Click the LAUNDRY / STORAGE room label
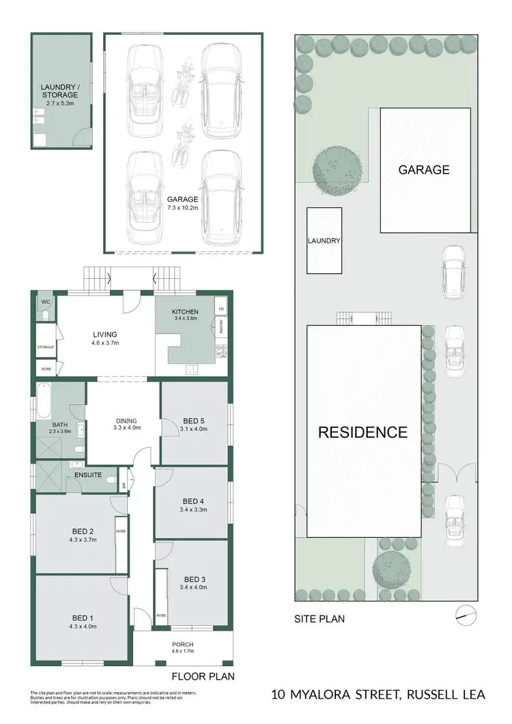click(x=60, y=91)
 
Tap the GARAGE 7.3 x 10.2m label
click(x=182, y=203)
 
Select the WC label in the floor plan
click(x=46, y=301)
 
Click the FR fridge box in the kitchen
click(x=221, y=308)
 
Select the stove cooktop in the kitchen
click(x=221, y=352)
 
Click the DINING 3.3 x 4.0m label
click(x=126, y=424)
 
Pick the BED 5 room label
click(x=194, y=424)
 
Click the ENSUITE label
click(x=89, y=474)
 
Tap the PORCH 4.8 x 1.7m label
click(x=182, y=648)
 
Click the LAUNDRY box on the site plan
click(x=324, y=241)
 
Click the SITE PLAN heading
click(x=319, y=619)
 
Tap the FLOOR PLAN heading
click(x=203, y=677)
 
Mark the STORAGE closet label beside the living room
click(x=46, y=347)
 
